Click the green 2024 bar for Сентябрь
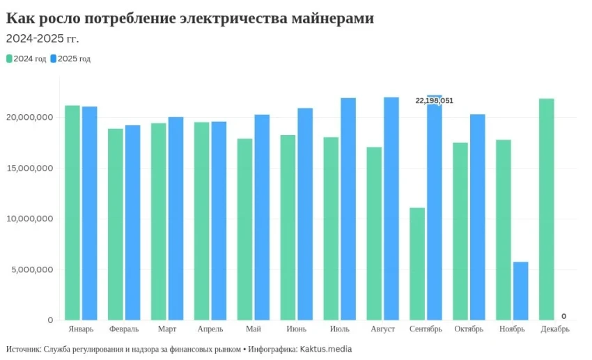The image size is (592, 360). tap(417, 265)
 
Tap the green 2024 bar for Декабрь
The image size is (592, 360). tap(547, 209)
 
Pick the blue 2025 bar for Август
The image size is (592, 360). tap(391, 209)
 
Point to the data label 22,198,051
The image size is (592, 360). tap(434, 101)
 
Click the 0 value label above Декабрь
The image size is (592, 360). tap(563, 315)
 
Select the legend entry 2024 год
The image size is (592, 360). tap(26, 59)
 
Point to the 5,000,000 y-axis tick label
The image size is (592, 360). tap(31, 269)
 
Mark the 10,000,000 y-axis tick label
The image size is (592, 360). tap(29, 219)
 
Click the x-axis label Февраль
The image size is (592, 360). tap(124, 329)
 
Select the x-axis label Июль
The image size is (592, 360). tap(339, 329)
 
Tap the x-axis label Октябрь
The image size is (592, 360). tap(469, 329)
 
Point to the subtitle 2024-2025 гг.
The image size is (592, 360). tap(42, 39)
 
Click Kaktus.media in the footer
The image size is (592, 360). tap(326, 349)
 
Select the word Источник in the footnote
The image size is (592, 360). tap(22, 349)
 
